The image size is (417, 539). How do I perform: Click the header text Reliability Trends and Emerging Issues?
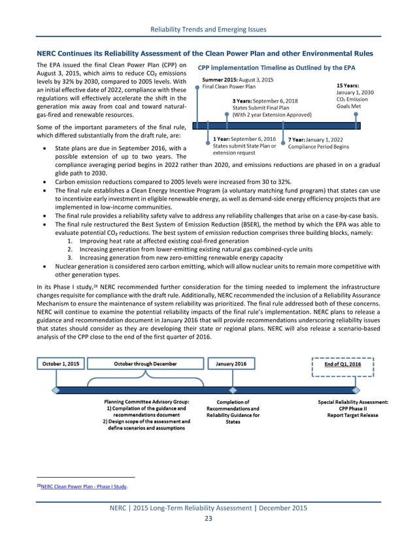pos(208,29)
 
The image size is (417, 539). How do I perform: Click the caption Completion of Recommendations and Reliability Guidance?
pos(233,411)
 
